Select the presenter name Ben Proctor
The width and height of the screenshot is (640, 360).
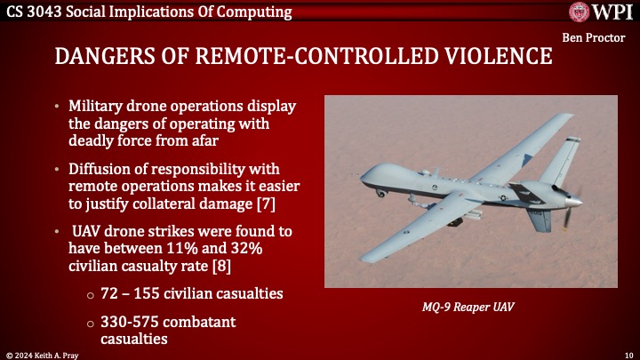click(x=598, y=38)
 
